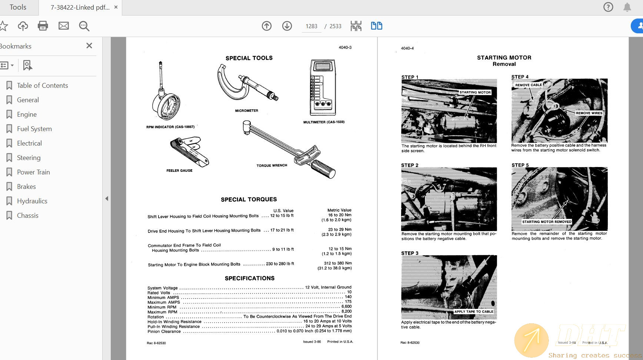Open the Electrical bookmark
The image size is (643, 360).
[29, 143]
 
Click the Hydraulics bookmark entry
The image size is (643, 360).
[32, 201]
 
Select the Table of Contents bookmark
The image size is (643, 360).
[42, 86]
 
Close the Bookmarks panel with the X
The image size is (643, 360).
[89, 46]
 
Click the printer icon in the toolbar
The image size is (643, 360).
[43, 26]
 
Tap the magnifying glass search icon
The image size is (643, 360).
[84, 26]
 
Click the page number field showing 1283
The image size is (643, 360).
[311, 26]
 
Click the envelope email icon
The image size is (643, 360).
[64, 26]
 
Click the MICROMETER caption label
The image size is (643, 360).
[246, 111]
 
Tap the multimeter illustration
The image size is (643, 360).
[323, 88]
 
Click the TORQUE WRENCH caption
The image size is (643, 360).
[271, 166]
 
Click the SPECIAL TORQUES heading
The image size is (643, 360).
[249, 200]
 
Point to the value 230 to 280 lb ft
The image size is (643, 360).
[280, 264]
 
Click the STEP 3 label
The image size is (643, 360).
[410, 253]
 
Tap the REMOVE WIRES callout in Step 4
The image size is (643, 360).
[589, 113]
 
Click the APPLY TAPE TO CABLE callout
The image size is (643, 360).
[473, 311]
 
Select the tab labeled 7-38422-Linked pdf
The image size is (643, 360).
[80, 7]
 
